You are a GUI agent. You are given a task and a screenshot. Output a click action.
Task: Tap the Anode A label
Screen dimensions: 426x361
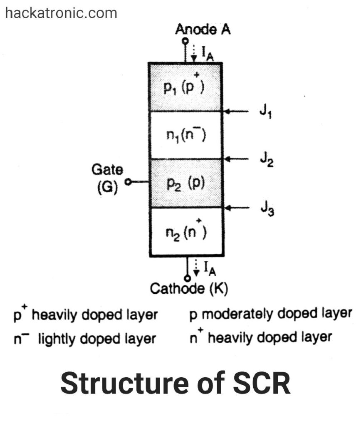click(203, 30)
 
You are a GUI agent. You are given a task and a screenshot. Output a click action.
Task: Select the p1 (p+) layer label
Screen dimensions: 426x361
click(185, 88)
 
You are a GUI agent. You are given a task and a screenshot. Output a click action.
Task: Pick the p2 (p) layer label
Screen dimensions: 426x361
click(185, 183)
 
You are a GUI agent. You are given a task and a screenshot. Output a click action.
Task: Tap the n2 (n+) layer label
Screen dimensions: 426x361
click(185, 232)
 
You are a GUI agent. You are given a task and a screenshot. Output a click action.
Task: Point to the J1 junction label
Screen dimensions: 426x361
click(265, 113)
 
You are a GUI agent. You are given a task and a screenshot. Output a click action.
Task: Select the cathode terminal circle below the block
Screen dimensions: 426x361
click(187, 278)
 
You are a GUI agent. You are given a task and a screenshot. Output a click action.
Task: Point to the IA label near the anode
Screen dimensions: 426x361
click(208, 54)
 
